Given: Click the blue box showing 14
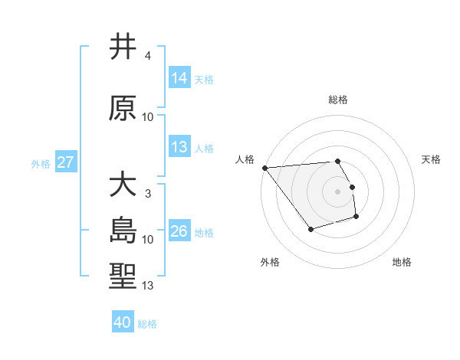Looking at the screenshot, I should click(179, 78).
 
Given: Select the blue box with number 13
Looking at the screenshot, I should click(179, 147).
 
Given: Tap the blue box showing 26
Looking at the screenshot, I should click(179, 231).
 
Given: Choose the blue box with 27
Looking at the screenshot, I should click(66, 162).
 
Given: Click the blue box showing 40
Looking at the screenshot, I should click(123, 322).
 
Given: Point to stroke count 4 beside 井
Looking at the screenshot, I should click(147, 56).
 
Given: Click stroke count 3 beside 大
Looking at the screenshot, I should click(147, 194).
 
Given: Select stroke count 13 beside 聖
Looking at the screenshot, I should click(148, 286).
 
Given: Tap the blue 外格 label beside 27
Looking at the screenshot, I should click(40, 163).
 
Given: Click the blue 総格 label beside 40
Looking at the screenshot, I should click(147, 324).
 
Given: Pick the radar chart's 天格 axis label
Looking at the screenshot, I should click(432, 159).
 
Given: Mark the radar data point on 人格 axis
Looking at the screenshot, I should click(264, 168).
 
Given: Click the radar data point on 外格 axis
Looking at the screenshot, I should click(310, 229).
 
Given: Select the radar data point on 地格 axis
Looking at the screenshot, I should click(356, 218).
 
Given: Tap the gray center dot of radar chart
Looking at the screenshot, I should click(338, 191).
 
